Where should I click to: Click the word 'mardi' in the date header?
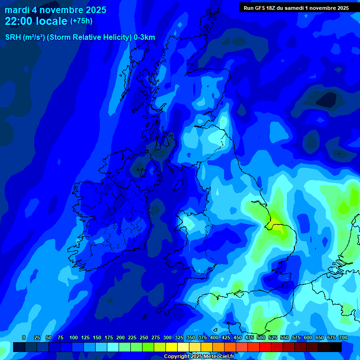coord(17,10)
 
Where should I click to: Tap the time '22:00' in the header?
coord(19,21)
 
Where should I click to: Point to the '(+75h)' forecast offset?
coord(81,21)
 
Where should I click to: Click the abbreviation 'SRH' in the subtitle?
coord(13,37)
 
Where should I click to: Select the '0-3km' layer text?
coord(144,37)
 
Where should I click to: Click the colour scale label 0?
coord(24,337)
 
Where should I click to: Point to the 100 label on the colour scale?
coord(74,337)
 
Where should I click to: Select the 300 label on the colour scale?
coord(167,337)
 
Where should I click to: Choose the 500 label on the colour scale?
coord(261,337)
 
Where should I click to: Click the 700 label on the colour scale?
coord(343,337)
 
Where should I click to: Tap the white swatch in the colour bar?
coord(183,347)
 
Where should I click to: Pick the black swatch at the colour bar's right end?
coord(336,347)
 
